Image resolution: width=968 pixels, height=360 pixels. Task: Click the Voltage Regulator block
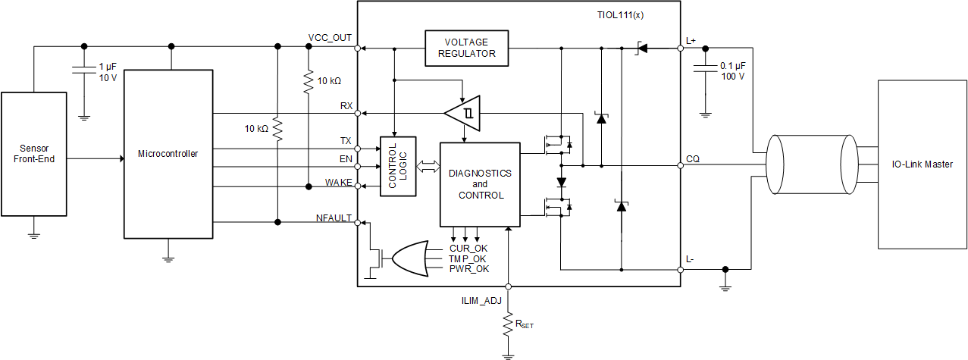466,48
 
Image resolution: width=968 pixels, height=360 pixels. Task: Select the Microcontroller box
168,154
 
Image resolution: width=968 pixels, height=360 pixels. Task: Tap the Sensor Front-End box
33,153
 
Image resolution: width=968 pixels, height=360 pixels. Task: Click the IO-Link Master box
923,164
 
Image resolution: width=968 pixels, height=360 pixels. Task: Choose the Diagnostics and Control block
480,184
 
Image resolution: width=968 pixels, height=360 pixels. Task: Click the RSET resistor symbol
509,325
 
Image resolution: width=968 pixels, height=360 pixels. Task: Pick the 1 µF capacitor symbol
83,70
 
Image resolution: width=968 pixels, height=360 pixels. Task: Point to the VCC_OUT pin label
330,38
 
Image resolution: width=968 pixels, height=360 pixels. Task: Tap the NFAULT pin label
334,218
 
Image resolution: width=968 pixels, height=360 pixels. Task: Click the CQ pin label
693,159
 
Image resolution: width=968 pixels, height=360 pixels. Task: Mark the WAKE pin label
338,182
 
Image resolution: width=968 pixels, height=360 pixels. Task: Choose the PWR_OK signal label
469,268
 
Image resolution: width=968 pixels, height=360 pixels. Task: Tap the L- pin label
690,260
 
